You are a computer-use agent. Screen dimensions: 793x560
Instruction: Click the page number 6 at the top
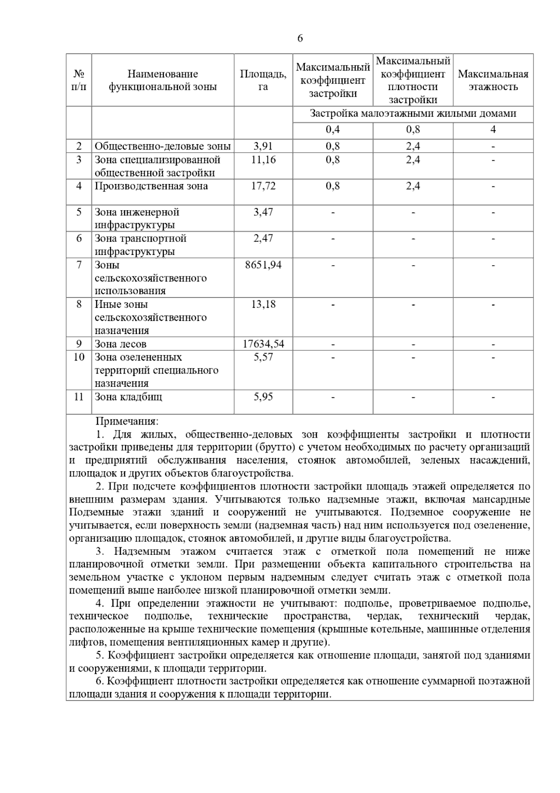click(x=300, y=38)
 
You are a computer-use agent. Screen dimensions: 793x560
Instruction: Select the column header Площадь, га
click(x=263, y=80)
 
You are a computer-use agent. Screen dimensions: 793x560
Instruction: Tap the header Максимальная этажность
click(x=493, y=80)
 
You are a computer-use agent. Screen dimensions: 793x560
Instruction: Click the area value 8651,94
click(x=263, y=265)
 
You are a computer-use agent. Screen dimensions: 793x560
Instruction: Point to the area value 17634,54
click(x=263, y=344)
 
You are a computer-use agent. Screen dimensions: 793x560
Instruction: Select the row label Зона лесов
click(x=121, y=344)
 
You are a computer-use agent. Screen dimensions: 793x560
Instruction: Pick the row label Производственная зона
click(x=151, y=186)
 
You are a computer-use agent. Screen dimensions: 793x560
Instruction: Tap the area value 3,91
click(x=263, y=146)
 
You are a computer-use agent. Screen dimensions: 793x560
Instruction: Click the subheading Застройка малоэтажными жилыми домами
click(x=413, y=114)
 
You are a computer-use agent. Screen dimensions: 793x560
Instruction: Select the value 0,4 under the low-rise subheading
click(x=333, y=130)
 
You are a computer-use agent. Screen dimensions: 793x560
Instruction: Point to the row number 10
click(x=79, y=357)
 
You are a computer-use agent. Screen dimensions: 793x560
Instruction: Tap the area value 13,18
click(x=263, y=304)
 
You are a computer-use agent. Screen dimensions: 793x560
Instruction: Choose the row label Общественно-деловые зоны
click(x=162, y=146)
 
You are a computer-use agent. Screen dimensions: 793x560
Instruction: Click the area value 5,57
click(x=263, y=357)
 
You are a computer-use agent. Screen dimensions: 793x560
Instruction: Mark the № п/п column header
click(x=79, y=80)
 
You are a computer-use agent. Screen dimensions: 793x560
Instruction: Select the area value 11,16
click(x=263, y=160)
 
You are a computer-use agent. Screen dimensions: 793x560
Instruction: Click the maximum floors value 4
click(x=493, y=130)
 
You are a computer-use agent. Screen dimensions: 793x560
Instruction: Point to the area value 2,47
click(x=263, y=239)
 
